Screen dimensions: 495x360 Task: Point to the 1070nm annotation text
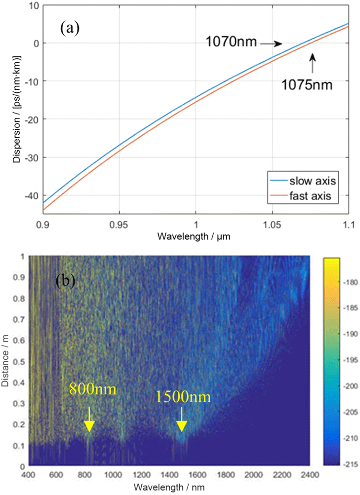(x=231, y=43)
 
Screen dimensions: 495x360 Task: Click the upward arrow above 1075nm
(x=312, y=64)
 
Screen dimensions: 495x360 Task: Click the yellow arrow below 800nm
(x=89, y=419)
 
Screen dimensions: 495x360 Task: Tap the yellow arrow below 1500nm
(x=182, y=419)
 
